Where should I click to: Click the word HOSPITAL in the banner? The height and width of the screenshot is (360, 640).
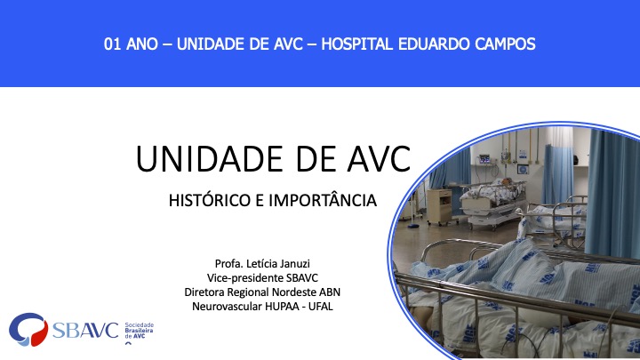point(357,44)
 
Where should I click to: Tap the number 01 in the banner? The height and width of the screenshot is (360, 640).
point(112,44)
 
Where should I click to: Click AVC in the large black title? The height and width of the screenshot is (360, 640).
point(379,159)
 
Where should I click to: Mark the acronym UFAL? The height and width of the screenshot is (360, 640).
point(320,306)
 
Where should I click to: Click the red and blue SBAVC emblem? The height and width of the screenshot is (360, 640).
point(28,330)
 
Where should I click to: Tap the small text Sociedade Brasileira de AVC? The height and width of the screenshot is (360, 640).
point(140,331)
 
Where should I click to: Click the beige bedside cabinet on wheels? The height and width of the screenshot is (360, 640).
point(439,206)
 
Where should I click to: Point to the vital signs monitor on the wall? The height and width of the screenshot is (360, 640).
point(484,159)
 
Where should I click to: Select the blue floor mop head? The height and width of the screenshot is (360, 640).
point(414,225)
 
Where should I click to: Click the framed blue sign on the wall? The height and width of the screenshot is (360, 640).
point(523,169)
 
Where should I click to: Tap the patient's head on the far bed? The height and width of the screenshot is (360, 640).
point(505,180)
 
